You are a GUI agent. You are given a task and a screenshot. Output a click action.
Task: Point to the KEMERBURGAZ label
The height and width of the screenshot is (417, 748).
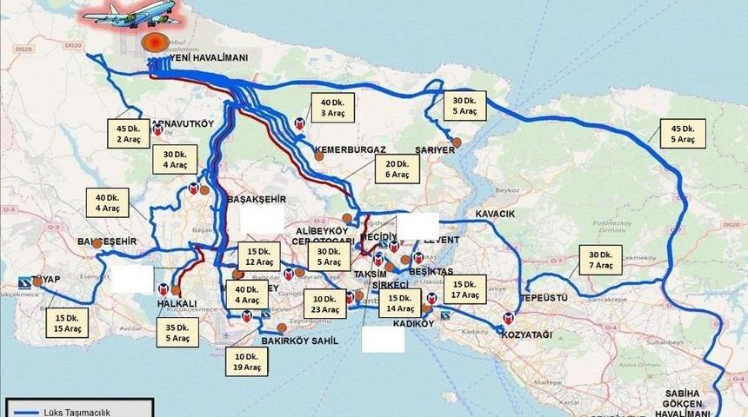(351, 149)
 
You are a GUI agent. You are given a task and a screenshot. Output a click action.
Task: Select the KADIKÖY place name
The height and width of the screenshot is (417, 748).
(413, 324)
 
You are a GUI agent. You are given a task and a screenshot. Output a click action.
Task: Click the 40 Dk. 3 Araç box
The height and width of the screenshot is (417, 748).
(333, 106)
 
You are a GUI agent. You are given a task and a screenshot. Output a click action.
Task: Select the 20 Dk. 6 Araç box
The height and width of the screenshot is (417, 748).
(397, 169)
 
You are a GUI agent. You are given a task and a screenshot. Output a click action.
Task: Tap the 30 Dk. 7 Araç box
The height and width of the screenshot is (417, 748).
(600, 259)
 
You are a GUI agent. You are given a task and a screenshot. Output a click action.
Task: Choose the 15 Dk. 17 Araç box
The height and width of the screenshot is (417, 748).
(466, 289)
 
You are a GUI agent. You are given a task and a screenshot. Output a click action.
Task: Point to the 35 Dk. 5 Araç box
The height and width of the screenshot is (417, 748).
(177, 333)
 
